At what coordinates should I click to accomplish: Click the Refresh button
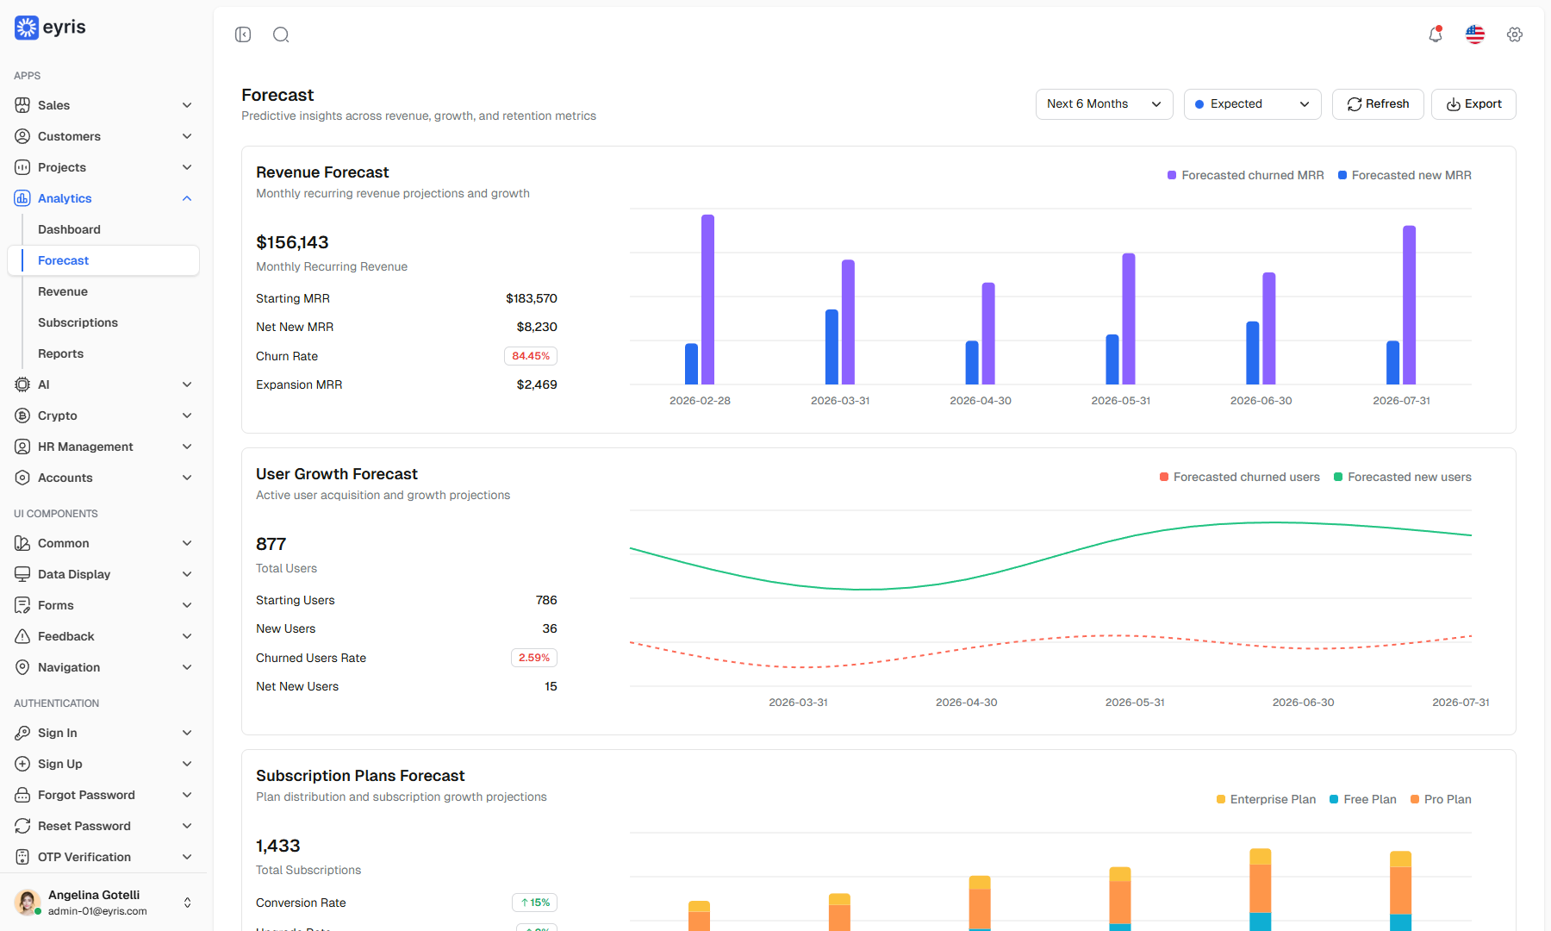point(1378,104)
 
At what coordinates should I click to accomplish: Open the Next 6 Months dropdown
point(1104,104)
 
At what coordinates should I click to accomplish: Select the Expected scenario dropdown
point(1252,104)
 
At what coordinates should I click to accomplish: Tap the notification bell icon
point(1436,34)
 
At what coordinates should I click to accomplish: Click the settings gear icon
point(1515,34)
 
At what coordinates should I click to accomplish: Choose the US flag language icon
point(1475,34)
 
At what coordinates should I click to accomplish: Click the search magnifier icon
point(281,34)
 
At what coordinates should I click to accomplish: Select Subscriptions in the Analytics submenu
point(78,322)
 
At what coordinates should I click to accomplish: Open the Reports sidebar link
point(60,353)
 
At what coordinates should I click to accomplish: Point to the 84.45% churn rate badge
point(531,356)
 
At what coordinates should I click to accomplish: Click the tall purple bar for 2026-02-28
point(708,299)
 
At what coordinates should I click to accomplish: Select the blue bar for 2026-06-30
point(1253,353)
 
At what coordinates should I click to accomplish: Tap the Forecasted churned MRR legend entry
point(1245,175)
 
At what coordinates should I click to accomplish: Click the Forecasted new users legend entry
point(1403,477)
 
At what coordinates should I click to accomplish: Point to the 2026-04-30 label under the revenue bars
point(981,401)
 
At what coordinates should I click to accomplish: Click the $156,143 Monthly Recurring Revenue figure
point(292,242)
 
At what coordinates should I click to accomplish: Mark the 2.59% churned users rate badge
point(534,658)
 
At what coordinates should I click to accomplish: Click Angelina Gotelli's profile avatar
point(28,903)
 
